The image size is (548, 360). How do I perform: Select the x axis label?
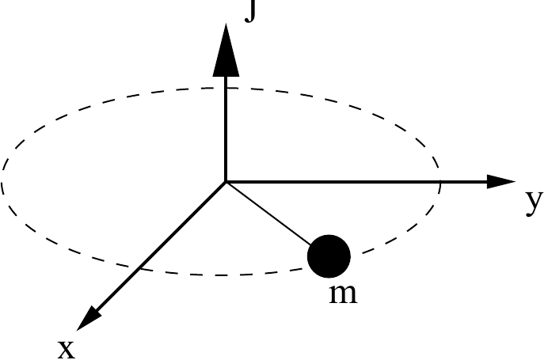[x=67, y=349]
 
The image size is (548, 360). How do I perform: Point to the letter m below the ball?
[x=344, y=294]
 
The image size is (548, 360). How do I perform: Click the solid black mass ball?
[x=329, y=256]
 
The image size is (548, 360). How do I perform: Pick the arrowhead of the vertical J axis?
[x=226, y=50]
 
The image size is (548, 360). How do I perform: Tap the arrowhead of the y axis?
[x=501, y=181]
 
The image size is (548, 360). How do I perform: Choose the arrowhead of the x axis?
[x=89, y=318]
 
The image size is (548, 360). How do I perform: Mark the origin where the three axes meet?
[x=226, y=181]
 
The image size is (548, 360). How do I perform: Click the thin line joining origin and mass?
[x=268, y=214]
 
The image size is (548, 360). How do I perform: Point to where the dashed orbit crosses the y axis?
[x=440, y=181]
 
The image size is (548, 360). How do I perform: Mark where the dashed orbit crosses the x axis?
[x=140, y=268]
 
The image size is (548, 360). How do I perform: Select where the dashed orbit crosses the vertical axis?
[x=226, y=88]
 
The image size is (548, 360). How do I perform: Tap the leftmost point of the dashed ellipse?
[x=2, y=181]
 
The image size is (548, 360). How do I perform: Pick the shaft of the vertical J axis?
[x=226, y=128]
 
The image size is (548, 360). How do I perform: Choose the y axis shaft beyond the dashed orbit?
[x=464, y=181]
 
